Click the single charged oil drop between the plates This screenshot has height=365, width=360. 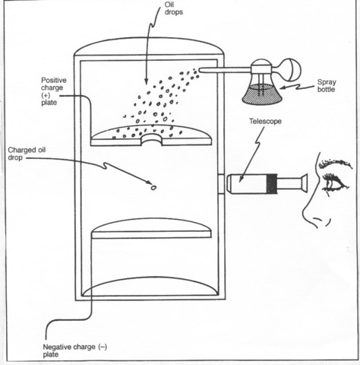pos(153,186)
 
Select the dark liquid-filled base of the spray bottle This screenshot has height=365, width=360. pos(259,93)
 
